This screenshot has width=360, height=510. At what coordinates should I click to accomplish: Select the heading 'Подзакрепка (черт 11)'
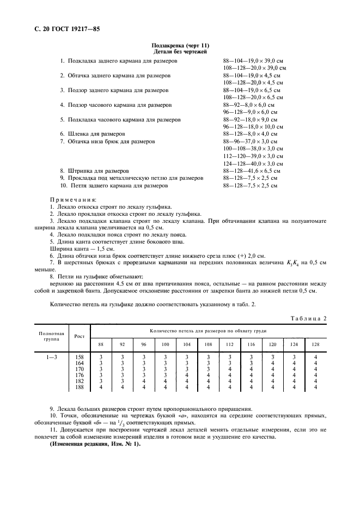pos(180,45)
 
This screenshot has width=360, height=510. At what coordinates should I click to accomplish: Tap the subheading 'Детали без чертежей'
pos(180,51)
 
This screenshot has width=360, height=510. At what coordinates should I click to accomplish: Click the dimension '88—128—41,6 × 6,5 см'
pos(252,171)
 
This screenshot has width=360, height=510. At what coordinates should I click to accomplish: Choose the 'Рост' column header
pos(80,336)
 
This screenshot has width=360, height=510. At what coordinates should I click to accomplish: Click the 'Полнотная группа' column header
pos(51,336)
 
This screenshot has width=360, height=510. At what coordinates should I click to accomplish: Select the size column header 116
pos(251,344)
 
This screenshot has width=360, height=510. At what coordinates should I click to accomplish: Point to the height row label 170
pos(80,369)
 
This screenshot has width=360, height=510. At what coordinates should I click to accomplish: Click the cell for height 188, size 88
pos(100,387)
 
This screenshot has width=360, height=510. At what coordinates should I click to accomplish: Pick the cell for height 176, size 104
pos(186,375)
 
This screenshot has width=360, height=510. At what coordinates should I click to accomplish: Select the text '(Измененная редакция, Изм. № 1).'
pos(95,444)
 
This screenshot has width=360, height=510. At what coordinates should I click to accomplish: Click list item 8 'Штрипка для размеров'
pos(94,171)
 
